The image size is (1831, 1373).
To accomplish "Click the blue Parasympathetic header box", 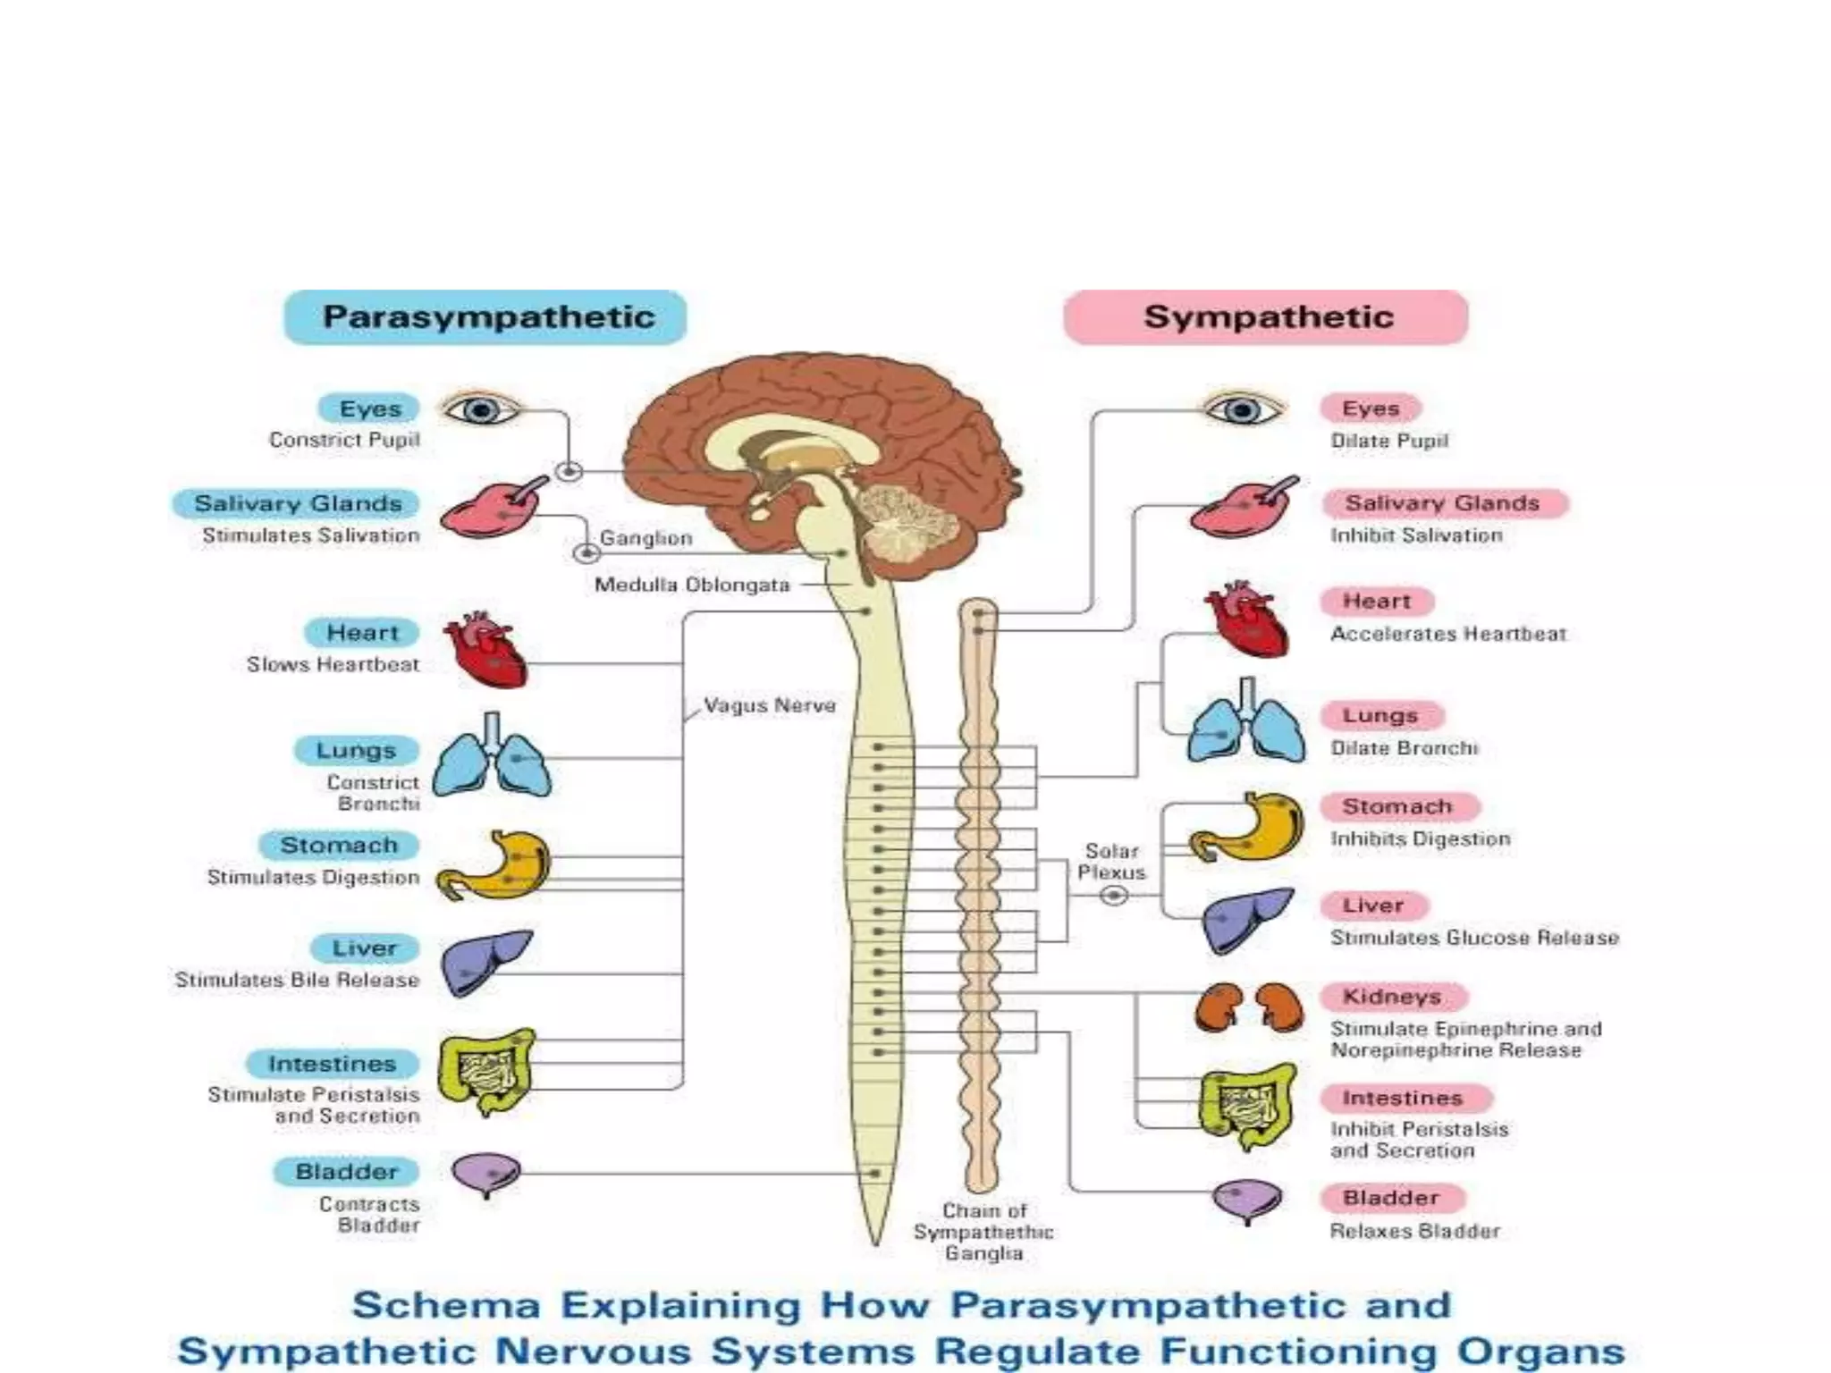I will pos(485,317).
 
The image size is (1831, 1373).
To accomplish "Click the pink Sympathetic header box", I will pos(1266,317).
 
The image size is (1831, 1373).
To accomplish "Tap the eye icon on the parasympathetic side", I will pos(480,410).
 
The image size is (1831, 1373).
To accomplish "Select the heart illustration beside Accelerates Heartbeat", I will pos(1245,619).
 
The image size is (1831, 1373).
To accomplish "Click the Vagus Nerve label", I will pos(769,705).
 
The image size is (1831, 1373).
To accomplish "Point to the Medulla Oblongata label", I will pos(692,585).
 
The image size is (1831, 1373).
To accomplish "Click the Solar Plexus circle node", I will pos(1113,895).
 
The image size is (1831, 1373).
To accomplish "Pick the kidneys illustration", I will pos(1249,1007).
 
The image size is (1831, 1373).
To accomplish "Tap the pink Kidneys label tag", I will pos(1391,997).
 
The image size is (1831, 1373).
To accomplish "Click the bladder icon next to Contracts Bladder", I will pos(485,1174).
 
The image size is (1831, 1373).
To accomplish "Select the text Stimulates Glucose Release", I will pos(1474,938).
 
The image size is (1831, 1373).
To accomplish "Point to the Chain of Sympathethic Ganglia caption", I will pos(983,1232).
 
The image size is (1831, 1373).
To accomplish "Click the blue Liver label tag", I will pos(364,948).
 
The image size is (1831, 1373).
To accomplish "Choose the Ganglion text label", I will pos(645,538).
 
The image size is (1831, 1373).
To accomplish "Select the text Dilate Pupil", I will pos(1388,441).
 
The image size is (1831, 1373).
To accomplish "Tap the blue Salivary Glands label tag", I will pos(298,503).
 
